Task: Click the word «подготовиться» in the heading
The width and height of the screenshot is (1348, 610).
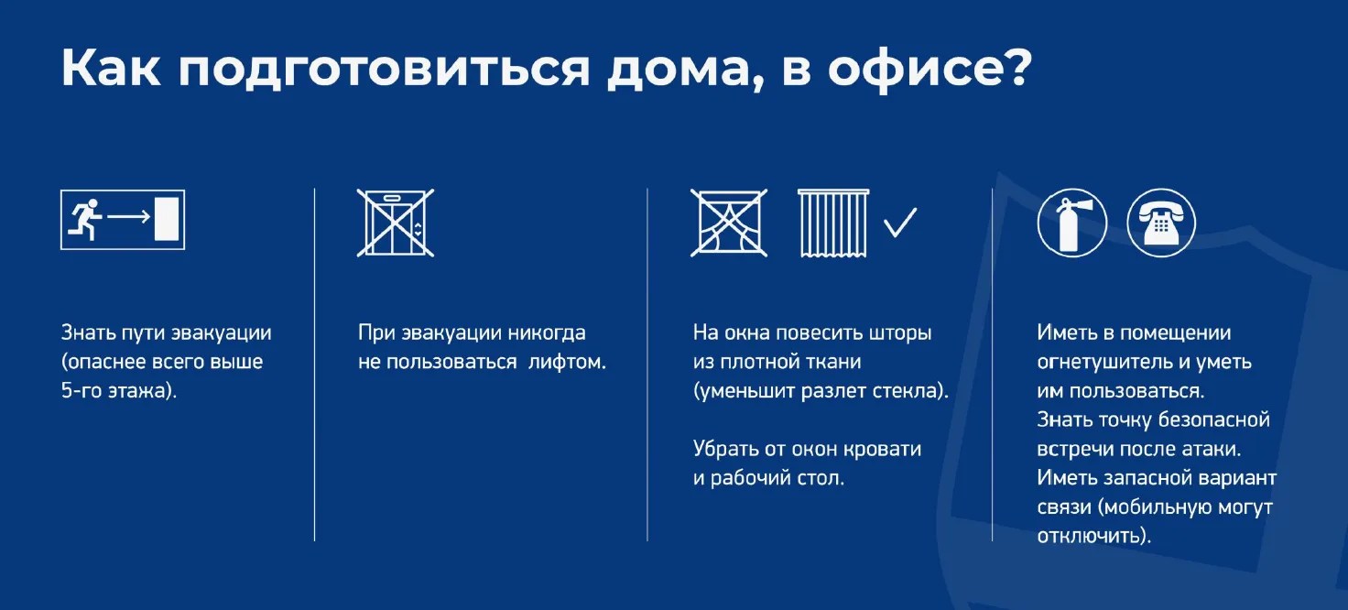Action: click(x=385, y=69)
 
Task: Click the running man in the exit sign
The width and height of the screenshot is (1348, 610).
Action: click(x=85, y=220)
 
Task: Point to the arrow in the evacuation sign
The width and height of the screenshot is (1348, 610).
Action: click(x=128, y=216)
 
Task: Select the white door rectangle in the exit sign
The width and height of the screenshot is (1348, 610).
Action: click(x=167, y=218)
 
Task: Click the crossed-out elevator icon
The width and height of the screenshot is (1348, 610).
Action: click(x=396, y=223)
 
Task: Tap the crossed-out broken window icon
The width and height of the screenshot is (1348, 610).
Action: click(x=729, y=223)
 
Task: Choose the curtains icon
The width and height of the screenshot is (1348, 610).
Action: click(x=833, y=223)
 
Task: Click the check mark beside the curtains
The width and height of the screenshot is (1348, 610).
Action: click(x=900, y=222)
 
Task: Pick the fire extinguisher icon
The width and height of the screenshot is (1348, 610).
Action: click(x=1071, y=223)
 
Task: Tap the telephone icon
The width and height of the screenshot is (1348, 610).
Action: click(x=1161, y=223)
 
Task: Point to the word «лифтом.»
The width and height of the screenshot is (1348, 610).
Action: click(x=567, y=362)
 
